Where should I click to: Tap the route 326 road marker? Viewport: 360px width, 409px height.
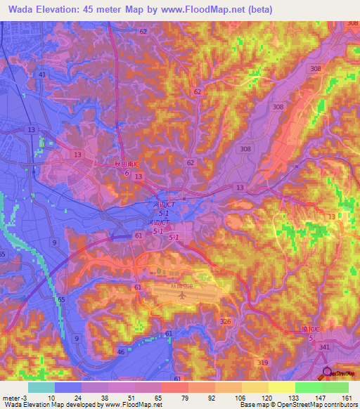click(x=226, y=321)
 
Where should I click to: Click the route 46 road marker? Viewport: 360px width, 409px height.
click(x=122, y=351)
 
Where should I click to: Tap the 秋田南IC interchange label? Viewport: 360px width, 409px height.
click(x=127, y=164)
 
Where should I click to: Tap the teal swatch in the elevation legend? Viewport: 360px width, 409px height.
click(x=41, y=387)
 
